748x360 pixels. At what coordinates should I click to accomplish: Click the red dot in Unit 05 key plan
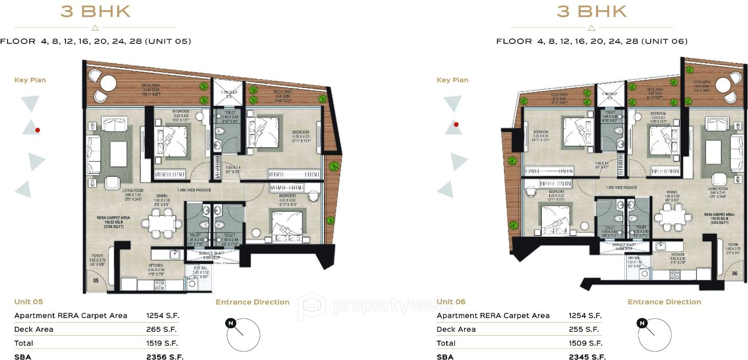coord(37,130)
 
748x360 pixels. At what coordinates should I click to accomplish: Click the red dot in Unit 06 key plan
coord(456,124)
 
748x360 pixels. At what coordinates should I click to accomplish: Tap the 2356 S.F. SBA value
coord(165,357)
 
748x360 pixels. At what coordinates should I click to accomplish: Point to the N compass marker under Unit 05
coord(231,323)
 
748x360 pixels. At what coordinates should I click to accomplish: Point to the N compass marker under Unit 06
coord(643,323)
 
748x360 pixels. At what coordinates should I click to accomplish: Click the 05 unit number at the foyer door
coord(96,281)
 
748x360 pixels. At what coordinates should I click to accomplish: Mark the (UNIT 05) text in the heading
coord(168,41)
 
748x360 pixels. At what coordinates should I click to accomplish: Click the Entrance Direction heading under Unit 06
coord(664,302)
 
